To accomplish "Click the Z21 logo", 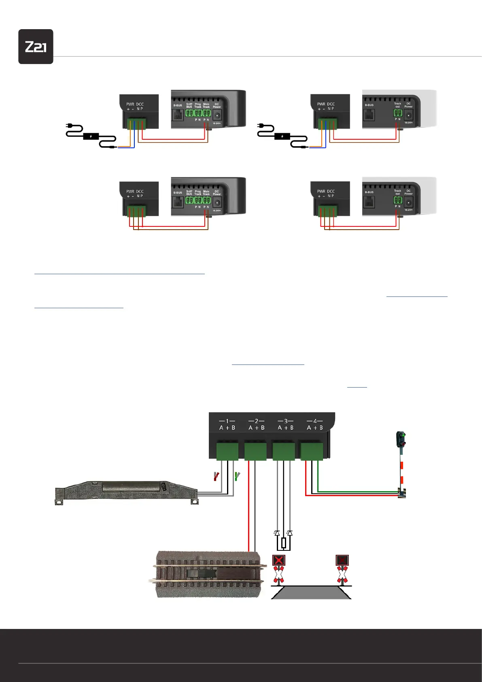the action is click(x=36, y=47).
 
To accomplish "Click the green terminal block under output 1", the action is click(x=227, y=452).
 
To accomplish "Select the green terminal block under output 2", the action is click(x=255, y=452).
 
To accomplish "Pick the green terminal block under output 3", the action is click(x=284, y=452).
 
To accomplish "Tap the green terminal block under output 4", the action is click(x=312, y=452).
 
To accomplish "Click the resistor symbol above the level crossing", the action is click(x=284, y=543).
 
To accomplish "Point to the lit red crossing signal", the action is click(x=279, y=561).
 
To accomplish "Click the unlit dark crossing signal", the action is click(x=342, y=561).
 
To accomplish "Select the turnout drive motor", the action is click(x=126, y=491).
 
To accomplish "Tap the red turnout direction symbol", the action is click(x=217, y=476).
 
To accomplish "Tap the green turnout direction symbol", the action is click(x=238, y=476).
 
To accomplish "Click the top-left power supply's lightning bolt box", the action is click(x=91, y=136).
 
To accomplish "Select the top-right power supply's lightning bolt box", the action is click(x=282, y=136).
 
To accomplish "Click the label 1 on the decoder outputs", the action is click(x=227, y=421).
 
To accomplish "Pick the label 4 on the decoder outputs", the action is click(x=315, y=421).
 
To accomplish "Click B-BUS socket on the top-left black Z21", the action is click(x=178, y=115).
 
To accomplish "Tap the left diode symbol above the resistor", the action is click(x=277, y=533).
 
